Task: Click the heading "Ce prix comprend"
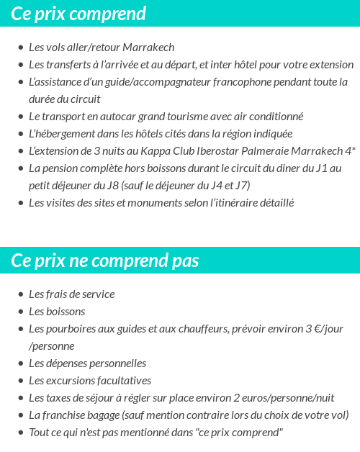[78, 14]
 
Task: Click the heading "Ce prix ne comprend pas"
[105, 261]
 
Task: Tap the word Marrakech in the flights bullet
[149, 48]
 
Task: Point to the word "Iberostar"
[194, 151]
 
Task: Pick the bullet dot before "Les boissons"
[21, 312]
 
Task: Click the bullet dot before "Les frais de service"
[21, 294]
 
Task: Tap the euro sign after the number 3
[313, 329]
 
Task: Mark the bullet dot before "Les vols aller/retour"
[21, 48]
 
